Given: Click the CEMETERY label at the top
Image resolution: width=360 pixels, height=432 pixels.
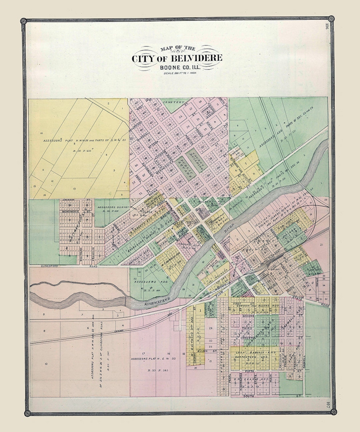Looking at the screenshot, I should (x=172, y=102).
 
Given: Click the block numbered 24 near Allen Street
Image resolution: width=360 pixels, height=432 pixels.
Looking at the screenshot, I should (x=210, y=328).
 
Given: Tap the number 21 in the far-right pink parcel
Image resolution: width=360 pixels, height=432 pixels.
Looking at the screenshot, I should (x=322, y=245).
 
